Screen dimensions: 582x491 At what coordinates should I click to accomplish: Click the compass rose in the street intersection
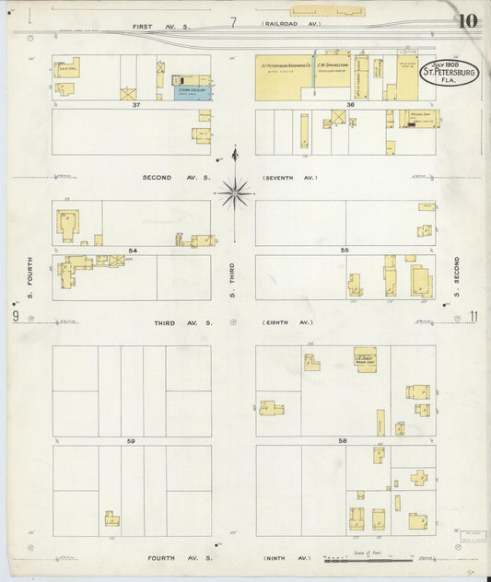pyautogui.click(x=235, y=192)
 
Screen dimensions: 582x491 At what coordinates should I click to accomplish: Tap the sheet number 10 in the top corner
pyautogui.click(x=466, y=21)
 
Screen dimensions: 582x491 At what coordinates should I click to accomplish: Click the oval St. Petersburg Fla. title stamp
pyautogui.click(x=450, y=73)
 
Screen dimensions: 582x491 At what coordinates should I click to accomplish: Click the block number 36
pyautogui.click(x=350, y=106)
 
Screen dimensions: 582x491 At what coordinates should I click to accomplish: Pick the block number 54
pyautogui.click(x=133, y=250)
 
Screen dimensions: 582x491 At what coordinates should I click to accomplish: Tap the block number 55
pyautogui.click(x=345, y=250)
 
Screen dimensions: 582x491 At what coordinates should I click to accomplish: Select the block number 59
pyautogui.click(x=132, y=441)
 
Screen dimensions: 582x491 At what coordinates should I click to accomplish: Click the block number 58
pyautogui.click(x=343, y=441)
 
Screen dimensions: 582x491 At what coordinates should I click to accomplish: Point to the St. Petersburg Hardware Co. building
pyautogui.click(x=283, y=67)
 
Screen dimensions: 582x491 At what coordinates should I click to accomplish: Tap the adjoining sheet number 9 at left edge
pyautogui.click(x=16, y=317)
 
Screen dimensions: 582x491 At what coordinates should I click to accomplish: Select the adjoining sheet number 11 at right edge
pyautogui.click(x=473, y=317)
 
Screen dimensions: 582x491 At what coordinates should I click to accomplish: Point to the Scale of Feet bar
pyautogui.click(x=355, y=559)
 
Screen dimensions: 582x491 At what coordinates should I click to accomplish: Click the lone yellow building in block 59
pyautogui.click(x=111, y=518)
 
